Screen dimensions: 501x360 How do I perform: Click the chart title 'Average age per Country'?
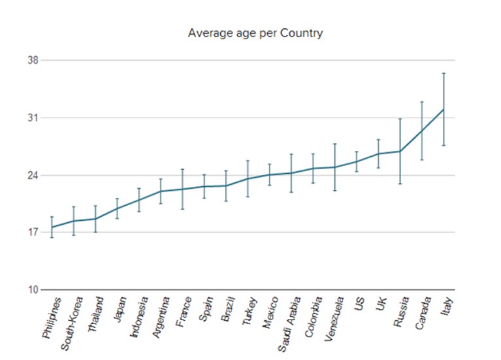pyautogui.click(x=255, y=33)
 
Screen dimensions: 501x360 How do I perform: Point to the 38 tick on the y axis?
pyautogui.click(x=33, y=60)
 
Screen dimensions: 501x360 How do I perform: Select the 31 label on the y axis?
pyautogui.click(x=33, y=118)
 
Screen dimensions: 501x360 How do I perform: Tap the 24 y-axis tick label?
pyautogui.click(x=33, y=175)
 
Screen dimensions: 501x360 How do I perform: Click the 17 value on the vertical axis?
pyautogui.click(x=33, y=232)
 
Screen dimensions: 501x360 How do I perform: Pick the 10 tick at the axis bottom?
pyautogui.click(x=33, y=289)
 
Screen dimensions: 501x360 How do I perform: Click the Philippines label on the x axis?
pyautogui.click(x=52, y=318)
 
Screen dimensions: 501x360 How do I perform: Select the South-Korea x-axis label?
pyautogui.click(x=72, y=323)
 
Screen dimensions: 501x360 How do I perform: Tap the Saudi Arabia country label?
pyautogui.click(x=289, y=324)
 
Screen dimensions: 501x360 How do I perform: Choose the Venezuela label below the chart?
pyautogui.click(x=334, y=319)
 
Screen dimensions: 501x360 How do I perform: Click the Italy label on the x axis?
pyautogui.click(x=447, y=306)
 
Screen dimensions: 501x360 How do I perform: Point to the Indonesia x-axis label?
pyautogui.click(x=140, y=317)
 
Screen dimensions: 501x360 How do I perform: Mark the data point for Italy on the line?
pyautogui.click(x=444, y=110)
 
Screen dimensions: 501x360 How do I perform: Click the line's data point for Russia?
pyautogui.click(x=400, y=151)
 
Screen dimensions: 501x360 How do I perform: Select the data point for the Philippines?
pyautogui.click(x=52, y=227)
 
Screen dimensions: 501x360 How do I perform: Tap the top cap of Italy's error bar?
pyautogui.click(x=444, y=73)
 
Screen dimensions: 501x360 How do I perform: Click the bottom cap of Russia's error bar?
pyautogui.click(x=400, y=184)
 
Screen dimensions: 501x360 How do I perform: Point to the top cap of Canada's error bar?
pyautogui.click(x=422, y=102)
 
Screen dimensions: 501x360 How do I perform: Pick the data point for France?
pyautogui.click(x=182, y=189)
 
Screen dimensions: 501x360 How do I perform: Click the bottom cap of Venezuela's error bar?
pyautogui.click(x=335, y=191)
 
